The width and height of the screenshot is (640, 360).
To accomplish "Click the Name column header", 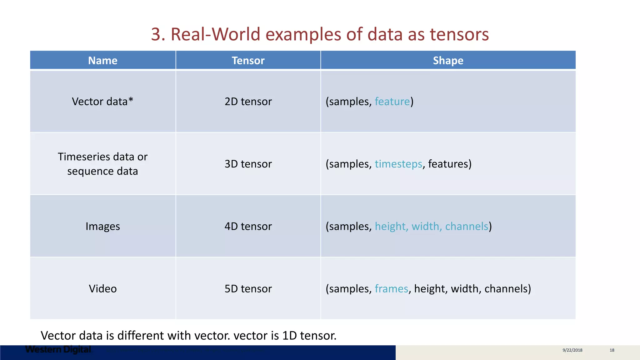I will pos(102,60).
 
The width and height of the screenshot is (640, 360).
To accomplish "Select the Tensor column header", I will pos(248,60).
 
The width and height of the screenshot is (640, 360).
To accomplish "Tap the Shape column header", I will pos(448,60).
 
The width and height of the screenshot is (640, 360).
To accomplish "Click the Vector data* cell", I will pos(102,102).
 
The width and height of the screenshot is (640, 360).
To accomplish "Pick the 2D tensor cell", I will pos(248,102).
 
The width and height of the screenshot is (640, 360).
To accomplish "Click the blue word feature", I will pos(392,102).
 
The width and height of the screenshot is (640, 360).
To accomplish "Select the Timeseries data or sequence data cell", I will pos(102,164).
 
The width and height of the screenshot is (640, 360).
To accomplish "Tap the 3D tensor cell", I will pos(248,164).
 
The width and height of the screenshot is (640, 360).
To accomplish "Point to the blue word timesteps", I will pos(398,164).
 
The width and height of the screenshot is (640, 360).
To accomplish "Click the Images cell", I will pos(102,226).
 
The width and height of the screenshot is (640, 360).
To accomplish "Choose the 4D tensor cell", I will pos(248,226).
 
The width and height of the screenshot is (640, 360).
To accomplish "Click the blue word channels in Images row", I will pos(467,226).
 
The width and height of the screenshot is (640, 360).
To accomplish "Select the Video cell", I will pos(102,288).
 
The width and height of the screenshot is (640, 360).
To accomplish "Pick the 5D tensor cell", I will pos(248,288).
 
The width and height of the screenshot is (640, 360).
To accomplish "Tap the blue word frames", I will pos(391,288).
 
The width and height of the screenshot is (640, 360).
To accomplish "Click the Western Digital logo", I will pos(58,349).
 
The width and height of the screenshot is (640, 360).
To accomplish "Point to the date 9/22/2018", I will pos(572,350).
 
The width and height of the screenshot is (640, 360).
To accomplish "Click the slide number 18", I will pos(612,350).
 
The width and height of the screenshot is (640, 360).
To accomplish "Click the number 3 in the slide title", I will pos(156,34).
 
